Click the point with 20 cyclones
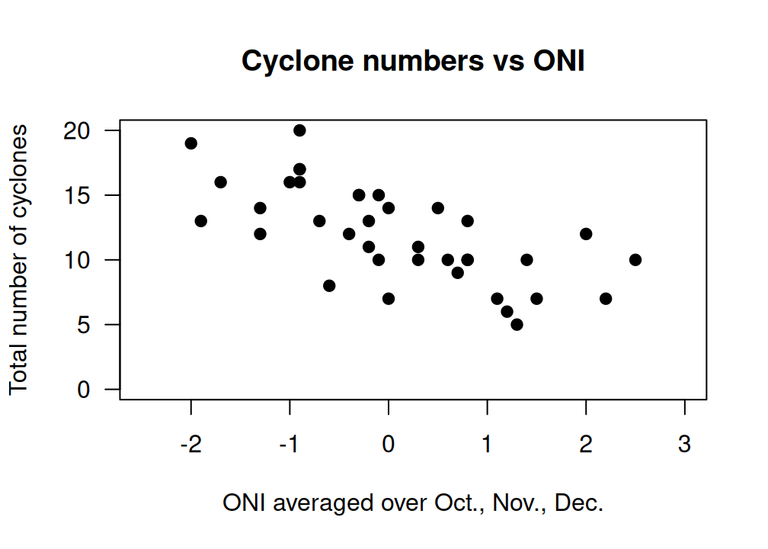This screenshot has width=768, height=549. [x=299, y=130]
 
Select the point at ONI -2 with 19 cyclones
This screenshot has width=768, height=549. [x=191, y=143]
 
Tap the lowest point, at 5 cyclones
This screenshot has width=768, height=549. [x=517, y=325]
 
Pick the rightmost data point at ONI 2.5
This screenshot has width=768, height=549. [x=635, y=260]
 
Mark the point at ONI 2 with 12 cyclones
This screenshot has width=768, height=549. [x=586, y=234]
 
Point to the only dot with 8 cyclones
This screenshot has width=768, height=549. [x=329, y=286]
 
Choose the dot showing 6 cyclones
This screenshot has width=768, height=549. [x=507, y=312]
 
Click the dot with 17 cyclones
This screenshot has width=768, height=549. [x=299, y=169]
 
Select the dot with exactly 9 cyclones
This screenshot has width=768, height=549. [x=458, y=273]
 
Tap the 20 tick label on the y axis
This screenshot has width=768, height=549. [x=78, y=131]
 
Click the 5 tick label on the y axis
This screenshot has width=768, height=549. [x=84, y=325]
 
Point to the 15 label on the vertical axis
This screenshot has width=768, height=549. [x=78, y=195]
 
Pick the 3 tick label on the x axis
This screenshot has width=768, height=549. [x=685, y=445]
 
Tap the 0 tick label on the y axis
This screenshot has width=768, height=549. [x=84, y=390]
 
